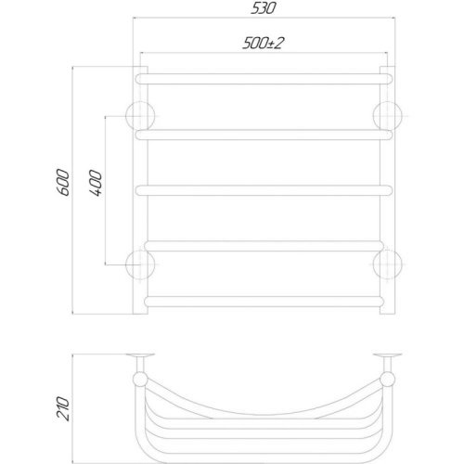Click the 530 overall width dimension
(x=263, y=8)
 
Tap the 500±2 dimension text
(x=263, y=44)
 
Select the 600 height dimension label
(x=63, y=183)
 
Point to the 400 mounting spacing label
(x=96, y=183)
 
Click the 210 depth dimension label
(x=63, y=408)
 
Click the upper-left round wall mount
(x=140, y=116)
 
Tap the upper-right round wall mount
(x=388, y=116)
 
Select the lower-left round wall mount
(x=140, y=264)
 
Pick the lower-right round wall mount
(x=388, y=264)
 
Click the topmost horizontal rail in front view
(x=264, y=79)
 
